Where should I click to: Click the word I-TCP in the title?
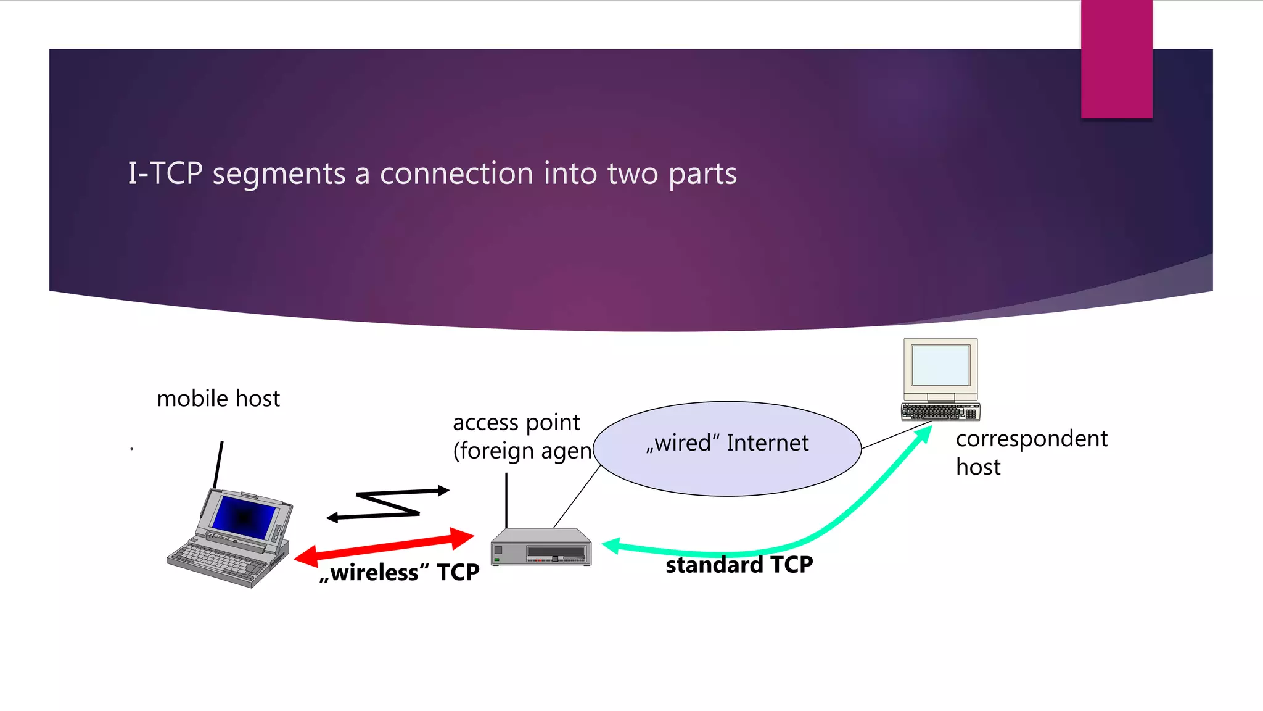(x=165, y=173)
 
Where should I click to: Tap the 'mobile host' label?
(x=218, y=399)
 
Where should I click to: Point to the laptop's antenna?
(x=218, y=464)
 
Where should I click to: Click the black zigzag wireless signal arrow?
(x=389, y=504)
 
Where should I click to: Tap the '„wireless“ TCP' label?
(x=399, y=573)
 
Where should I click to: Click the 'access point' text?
(x=516, y=423)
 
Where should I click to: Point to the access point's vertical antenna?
(x=506, y=500)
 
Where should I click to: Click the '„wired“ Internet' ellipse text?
(x=727, y=443)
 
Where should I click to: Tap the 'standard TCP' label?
(x=739, y=565)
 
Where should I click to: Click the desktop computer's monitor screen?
(x=940, y=365)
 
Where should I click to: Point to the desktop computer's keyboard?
(x=940, y=412)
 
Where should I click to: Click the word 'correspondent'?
(x=1031, y=439)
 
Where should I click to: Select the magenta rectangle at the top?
(x=1116, y=59)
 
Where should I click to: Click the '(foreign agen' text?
(x=522, y=451)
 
